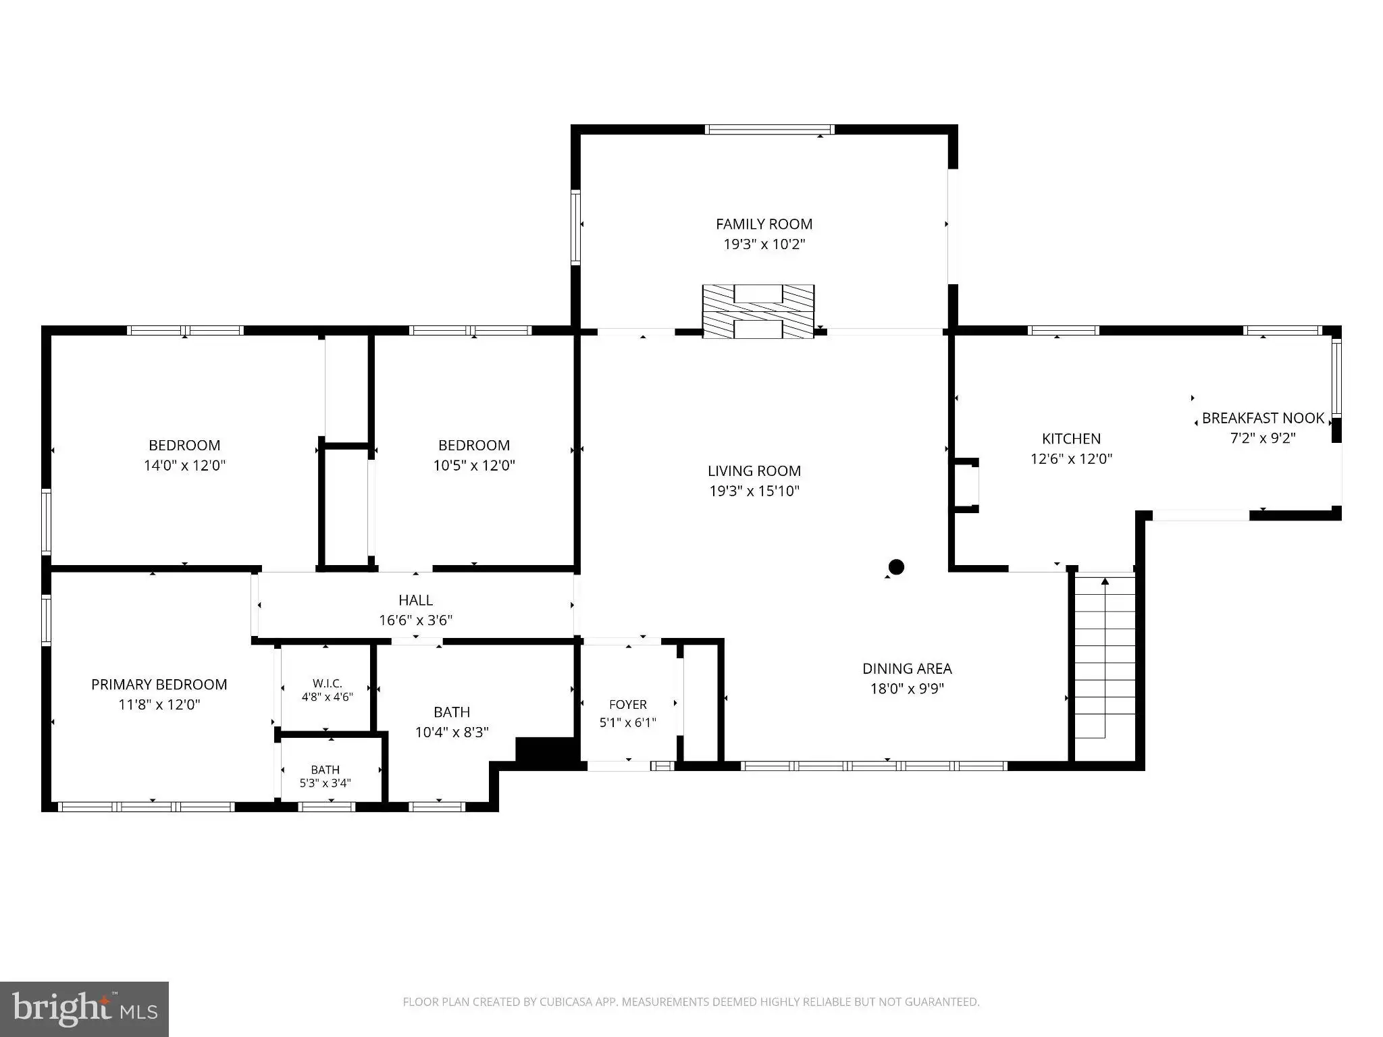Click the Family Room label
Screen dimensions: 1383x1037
pyautogui.click(x=764, y=224)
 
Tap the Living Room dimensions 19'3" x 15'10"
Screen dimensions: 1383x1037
pyautogui.click(x=754, y=491)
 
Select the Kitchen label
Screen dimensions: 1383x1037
pyautogui.click(x=1071, y=439)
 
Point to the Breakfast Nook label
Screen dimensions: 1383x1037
pyautogui.click(x=1263, y=419)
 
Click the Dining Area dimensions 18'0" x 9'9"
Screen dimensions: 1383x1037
pyautogui.click(x=907, y=689)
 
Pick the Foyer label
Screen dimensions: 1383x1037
pyautogui.click(x=628, y=704)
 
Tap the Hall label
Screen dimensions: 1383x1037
pyautogui.click(x=416, y=600)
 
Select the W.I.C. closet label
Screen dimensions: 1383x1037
pyautogui.click(x=328, y=683)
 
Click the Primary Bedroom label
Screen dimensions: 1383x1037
pyautogui.click(x=159, y=685)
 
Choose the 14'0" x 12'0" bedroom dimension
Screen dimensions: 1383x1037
pyautogui.click(x=184, y=465)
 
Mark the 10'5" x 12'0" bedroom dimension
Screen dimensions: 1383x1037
pyautogui.click(x=474, y=465)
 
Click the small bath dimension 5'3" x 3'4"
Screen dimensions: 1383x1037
pyautogui.click(x=325, y=783)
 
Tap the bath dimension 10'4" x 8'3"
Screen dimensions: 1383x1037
pyautogui.click(x=452, y=732)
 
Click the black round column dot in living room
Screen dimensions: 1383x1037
pyautogui.click(x=896, y=566)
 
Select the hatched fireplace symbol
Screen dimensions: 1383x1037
pyautogui.click(x=758, y=311)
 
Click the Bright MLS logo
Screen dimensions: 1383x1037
pyautogui.click(x=84, y=1009)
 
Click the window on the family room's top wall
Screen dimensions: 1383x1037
pyautogui.click(x=770, y=130)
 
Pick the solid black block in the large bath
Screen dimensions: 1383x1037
pyautogui.click(x=547, y=751)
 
